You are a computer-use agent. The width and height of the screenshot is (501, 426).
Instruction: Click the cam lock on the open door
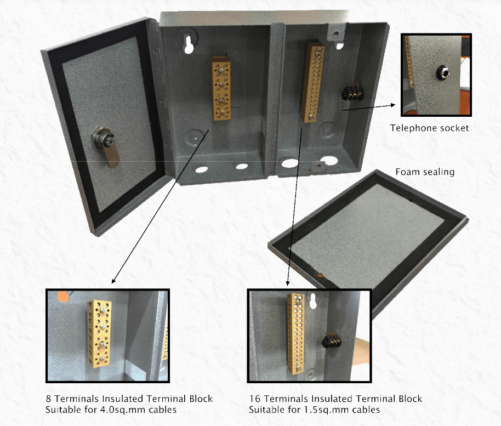tap(105, 145)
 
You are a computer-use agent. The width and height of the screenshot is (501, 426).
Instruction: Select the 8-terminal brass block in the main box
tap(221, 88)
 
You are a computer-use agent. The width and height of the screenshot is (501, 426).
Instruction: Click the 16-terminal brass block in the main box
tap(312, 82)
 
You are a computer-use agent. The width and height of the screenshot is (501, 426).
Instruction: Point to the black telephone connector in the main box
tap(352, 92)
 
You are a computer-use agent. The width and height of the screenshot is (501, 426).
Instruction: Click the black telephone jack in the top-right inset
tap(443, 72)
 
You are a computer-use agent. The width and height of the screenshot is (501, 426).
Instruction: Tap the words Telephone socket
tap(429, 128)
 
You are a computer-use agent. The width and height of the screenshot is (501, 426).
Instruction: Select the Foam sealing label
tap(425, 172)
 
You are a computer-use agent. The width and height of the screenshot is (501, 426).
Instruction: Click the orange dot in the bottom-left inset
tap(63, 297)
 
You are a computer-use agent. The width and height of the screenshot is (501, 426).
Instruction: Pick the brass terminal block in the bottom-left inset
tap(99, 333)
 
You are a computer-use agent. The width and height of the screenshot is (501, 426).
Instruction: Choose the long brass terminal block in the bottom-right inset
tap(296, 333)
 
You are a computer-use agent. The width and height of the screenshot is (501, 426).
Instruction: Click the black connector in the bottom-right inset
tap(331, 340)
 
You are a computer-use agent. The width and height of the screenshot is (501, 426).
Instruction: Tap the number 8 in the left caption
tap(49, 399)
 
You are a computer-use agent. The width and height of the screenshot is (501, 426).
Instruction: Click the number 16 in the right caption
tap(255, 399)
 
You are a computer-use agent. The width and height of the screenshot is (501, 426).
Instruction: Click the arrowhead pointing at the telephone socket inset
tap(392, 105)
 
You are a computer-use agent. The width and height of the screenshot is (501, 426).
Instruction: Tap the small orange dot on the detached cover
tap(320, 275)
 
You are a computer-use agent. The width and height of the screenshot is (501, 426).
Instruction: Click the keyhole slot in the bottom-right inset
tap(313, 301)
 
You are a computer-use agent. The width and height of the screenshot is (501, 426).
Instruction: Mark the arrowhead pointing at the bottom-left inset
tap(113, 281)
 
